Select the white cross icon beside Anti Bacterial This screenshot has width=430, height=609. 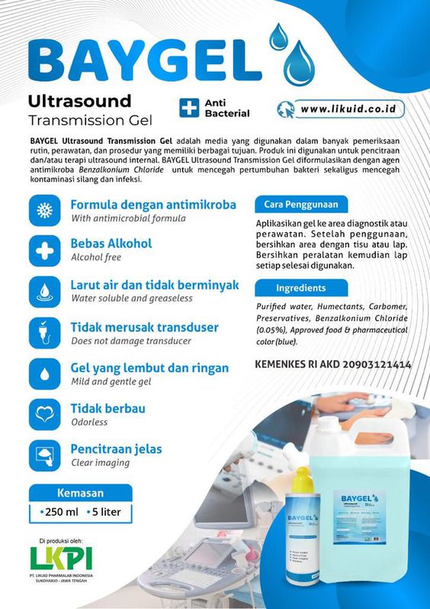(x=188, y=107)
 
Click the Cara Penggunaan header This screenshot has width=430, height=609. (x=297, y=204)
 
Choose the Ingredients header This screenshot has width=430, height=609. (x=300, y=289)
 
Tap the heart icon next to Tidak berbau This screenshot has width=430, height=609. (x=45, y=416)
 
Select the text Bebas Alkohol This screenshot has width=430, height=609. (x=111, y=244)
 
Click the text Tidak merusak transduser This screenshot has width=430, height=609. (x=145, y=327)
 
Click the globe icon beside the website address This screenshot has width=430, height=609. (x=285, y=109)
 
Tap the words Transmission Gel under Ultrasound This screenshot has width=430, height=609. (x=90, y=120)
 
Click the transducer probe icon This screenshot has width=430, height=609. (x=45, y=333)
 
